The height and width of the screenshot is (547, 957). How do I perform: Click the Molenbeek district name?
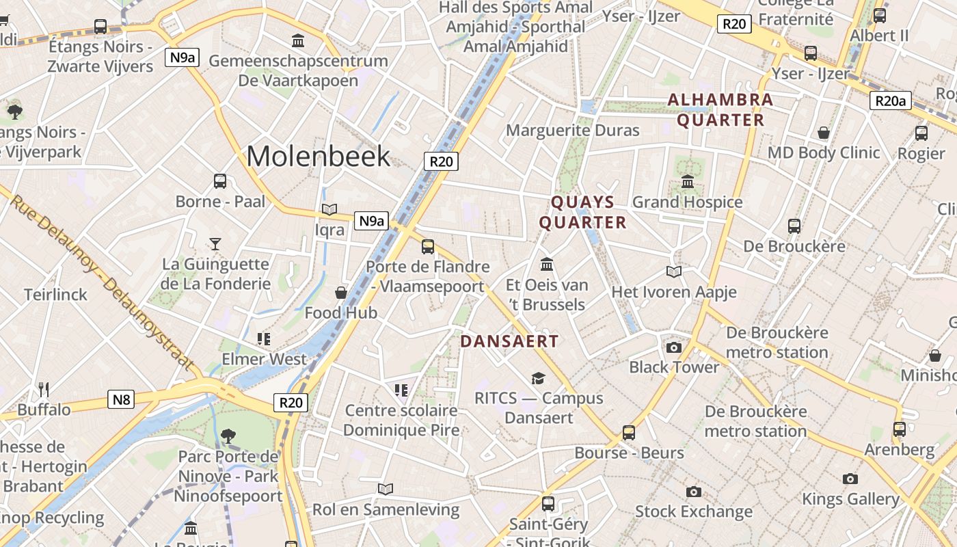click(x=318, y=157)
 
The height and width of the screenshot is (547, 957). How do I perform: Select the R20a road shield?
click(x=891, y=101)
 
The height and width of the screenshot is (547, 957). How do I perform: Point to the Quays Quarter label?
click(x=582, y=212)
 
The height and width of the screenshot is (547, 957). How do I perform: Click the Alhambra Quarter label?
click(x=720, y=110)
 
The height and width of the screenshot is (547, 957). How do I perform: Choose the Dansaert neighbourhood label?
click(x=509, y=341)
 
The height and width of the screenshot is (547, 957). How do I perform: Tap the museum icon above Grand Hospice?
click(x=688, y=182)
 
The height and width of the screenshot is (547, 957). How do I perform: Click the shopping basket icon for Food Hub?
click(x=340, y=293)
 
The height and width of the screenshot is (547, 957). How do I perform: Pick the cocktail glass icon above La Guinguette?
click(x=215, y=243)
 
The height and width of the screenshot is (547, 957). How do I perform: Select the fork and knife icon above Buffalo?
click(x=44, y=390)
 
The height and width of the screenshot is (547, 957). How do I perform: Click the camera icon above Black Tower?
click(x=674, y=347)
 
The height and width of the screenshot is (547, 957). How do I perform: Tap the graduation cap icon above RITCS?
click(x=539, y=378)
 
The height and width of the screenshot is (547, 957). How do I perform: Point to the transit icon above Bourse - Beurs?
click(x=629, y=433)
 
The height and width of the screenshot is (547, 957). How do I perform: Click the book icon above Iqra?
click(x=329, y=210)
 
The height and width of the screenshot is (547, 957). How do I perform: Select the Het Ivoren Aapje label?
click(x=673, y=292)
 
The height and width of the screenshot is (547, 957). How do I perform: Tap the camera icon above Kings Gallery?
click(x=850, y=479)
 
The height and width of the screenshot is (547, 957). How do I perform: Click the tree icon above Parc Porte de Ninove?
click(x=228, y=436)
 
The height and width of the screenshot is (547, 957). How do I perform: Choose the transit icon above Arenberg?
click(x=900, y=429)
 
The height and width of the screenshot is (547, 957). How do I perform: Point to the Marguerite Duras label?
click(x=572, y=130)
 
